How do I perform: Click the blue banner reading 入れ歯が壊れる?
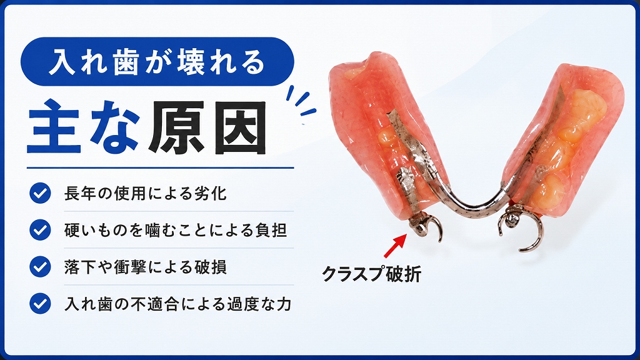click(x=157, y=62)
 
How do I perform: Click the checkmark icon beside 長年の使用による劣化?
click(x=40, y=193)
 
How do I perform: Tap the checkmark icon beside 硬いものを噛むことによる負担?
click(x=40, y=230)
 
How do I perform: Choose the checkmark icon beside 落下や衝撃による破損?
click(x=40, y=266)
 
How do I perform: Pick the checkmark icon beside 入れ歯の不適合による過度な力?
click(x=40, y=304)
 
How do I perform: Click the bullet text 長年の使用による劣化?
click(x=145, y=194)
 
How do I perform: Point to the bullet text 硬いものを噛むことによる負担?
click(x=176, y=230)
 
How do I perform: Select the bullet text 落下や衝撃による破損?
click(x=145, y=267)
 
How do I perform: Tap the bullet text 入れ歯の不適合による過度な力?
click(x=178, y=304)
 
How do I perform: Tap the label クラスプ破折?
click(x=371, y=274)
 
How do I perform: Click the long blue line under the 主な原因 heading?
click(x=161, y=167)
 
